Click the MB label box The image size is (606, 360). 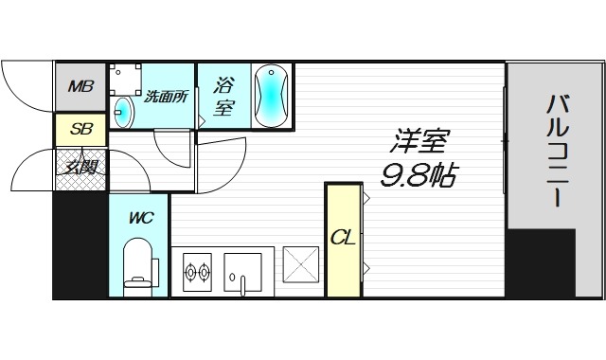[x=80, y=88]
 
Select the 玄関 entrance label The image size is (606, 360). [x=80, y=169]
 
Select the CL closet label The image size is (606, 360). [x=342, y=237]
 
